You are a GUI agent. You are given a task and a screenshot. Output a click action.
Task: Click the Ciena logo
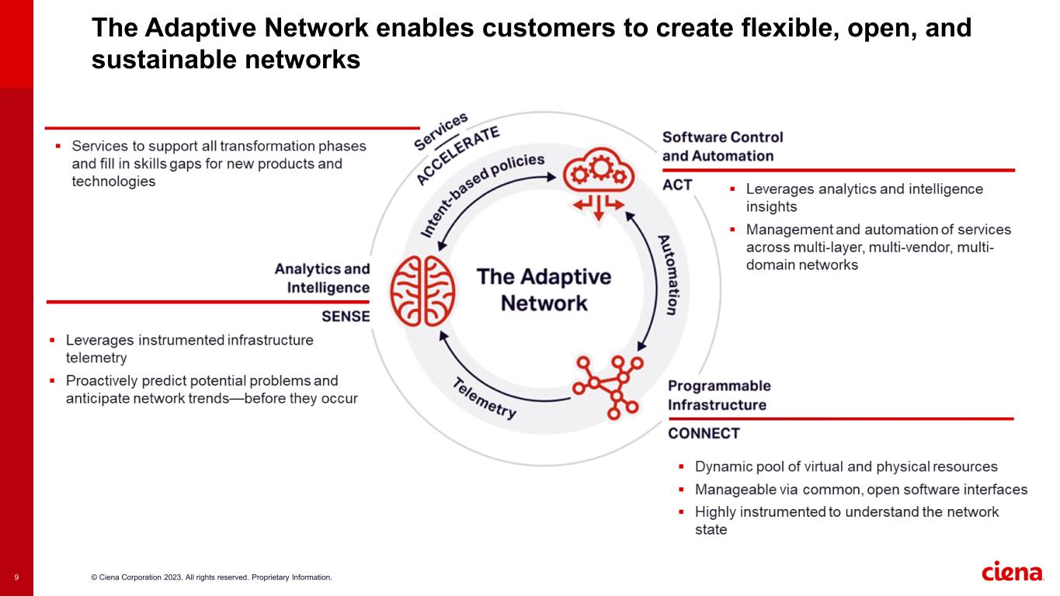pos(1012,573)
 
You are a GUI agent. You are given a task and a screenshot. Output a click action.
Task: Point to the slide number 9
pos(16,577)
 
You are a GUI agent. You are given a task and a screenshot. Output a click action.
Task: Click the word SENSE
pos(346,317)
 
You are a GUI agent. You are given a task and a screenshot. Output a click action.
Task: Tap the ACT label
pos(677,185)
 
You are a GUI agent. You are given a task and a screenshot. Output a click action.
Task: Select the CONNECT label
pos(704,433)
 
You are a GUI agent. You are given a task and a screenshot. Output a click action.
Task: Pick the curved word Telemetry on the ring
pos(485,398)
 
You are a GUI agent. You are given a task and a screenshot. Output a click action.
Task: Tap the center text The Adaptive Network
pos(543,289)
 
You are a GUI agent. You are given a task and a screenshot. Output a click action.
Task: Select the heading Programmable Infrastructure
pos(719,395)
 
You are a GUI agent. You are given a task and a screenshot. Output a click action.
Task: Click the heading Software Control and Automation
pos(722,146)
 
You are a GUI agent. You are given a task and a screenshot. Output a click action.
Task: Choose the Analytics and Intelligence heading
pos(322,278)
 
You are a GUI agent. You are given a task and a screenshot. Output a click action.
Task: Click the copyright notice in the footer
pos(211,577)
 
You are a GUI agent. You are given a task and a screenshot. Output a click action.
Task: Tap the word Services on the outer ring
pos(441,131)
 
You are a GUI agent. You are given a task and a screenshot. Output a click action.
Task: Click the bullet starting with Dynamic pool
pos(846,467)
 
